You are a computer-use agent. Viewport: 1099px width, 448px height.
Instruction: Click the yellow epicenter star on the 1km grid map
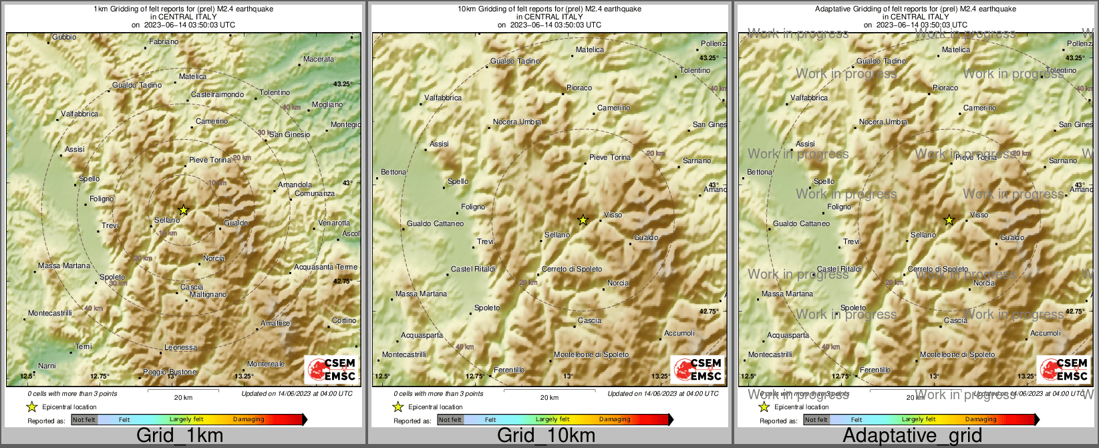[184, 210]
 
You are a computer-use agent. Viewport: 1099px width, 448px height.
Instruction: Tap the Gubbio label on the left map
[64, 37]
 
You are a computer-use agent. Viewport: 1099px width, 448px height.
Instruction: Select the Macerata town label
[318, 60]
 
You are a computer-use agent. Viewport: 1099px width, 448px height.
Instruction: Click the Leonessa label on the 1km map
[180, 348]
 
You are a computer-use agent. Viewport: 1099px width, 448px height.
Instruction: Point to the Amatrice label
[275, 324]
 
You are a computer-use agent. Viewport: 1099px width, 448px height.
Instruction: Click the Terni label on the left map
[83, 347]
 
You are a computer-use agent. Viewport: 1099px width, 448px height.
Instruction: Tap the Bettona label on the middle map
[393, 173]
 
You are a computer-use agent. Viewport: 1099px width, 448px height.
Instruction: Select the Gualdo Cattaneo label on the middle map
[435, 224]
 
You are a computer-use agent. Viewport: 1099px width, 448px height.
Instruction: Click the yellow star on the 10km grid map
[583, 220]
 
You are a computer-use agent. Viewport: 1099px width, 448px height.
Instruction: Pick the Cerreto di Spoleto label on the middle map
[571, 269]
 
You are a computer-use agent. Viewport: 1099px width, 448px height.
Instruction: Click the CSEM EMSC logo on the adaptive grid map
[1062, 369]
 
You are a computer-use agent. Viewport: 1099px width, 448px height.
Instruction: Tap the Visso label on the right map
[979, 215]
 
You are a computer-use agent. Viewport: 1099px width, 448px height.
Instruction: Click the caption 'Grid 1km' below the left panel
[180, 436]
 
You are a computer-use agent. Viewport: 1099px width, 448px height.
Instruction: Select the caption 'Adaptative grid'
[912, 436]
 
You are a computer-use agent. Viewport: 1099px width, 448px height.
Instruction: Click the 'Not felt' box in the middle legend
[450, 420]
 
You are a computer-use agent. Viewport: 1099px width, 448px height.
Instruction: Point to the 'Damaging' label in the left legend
[249, 420]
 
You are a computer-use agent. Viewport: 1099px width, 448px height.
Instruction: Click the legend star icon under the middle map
[398, 407]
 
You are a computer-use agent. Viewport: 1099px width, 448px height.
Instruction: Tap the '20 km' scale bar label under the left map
[183, 398]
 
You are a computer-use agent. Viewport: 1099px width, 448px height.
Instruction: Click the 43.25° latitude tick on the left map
[342, 84]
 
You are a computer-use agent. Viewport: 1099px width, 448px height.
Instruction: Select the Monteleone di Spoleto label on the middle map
[591, 355]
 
